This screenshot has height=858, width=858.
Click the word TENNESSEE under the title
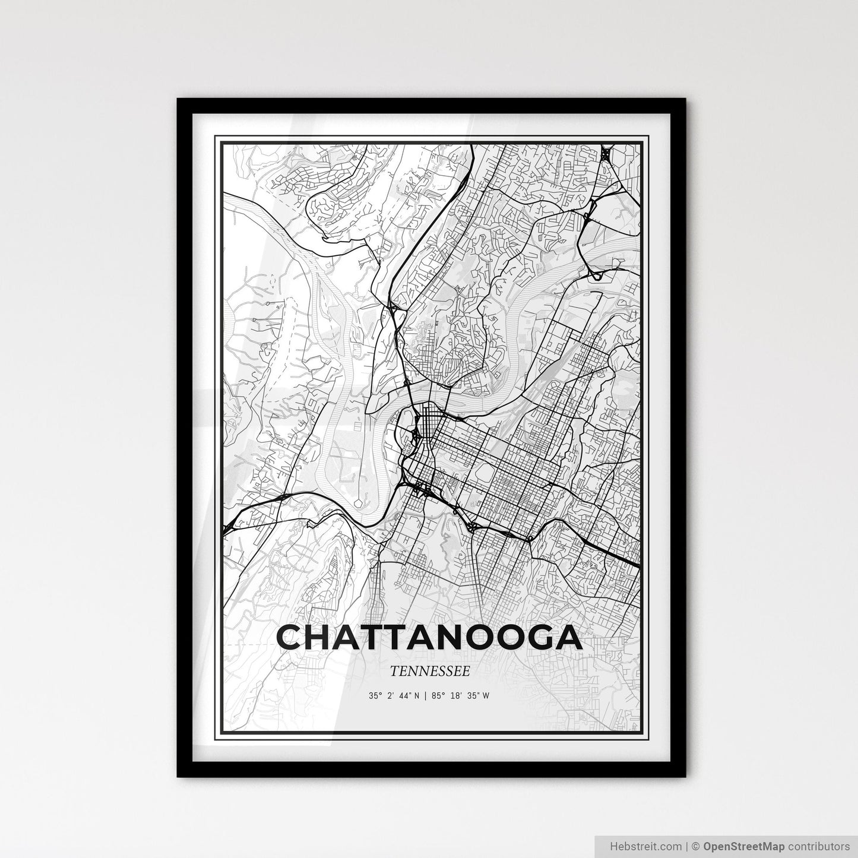pos(430,671)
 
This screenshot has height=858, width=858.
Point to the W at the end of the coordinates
pos(486,696)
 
